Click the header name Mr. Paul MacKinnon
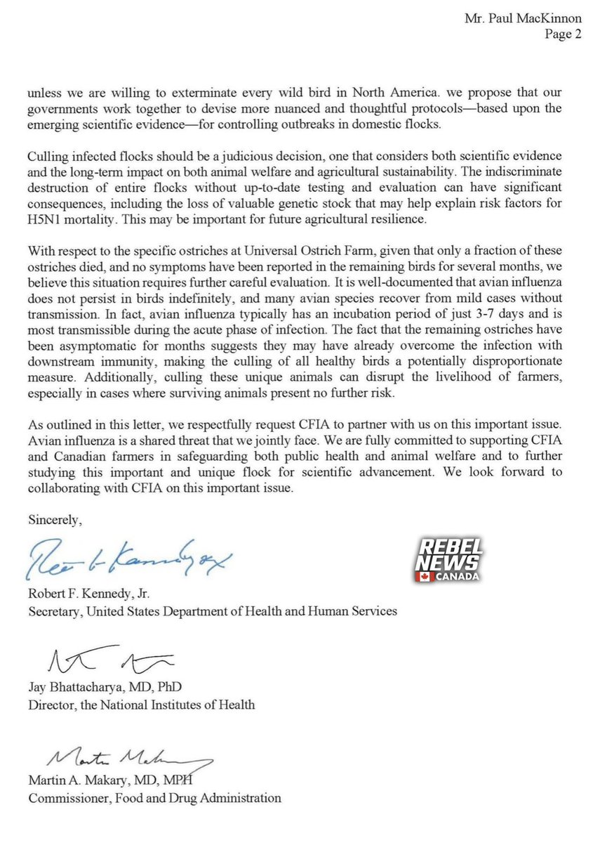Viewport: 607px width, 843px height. click(523, 20)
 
